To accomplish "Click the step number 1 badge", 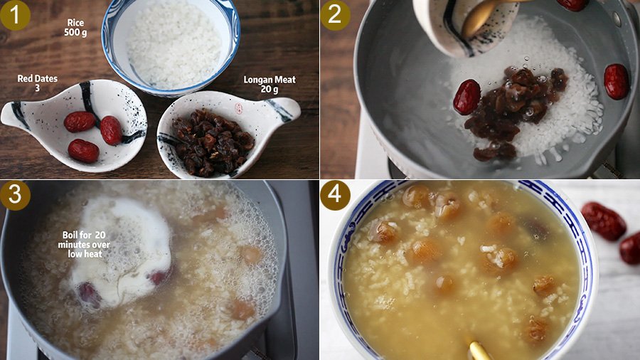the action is [x=15, y=15].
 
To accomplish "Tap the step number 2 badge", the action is [x=335, y=15].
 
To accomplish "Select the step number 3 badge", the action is [x=15, y=195].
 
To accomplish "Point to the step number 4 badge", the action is [x=335, y=195].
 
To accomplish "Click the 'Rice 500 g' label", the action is [x=75, y=27].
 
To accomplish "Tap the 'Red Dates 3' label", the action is [x=37, y=83].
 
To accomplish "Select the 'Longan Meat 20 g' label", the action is [x=270, y=85].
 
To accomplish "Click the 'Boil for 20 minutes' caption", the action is [x=84, y=244].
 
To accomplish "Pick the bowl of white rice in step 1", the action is [x=171, y=47].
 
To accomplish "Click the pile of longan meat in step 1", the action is [x=213, y=141].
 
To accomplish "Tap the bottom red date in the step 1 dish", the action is [x=83, y=151].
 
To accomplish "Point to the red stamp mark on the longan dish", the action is [x=238, y=109].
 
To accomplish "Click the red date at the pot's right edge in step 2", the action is [x=617, y=81].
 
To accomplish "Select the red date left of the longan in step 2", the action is [x=467, y=97].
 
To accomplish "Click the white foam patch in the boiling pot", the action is [x=122, y=251].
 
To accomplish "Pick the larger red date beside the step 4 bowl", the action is [x=603, y=221].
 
